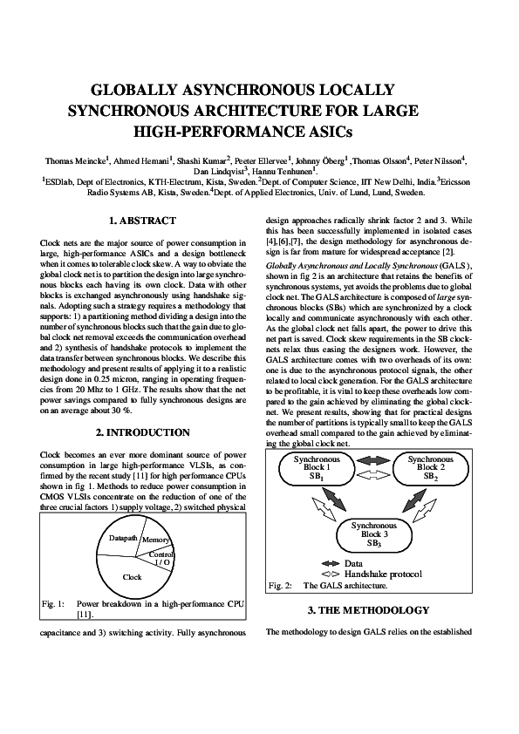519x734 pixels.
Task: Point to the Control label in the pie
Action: coord(162,554)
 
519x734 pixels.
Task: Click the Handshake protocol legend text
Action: coord(384,574)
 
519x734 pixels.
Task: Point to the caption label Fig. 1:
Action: coord(54,603)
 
